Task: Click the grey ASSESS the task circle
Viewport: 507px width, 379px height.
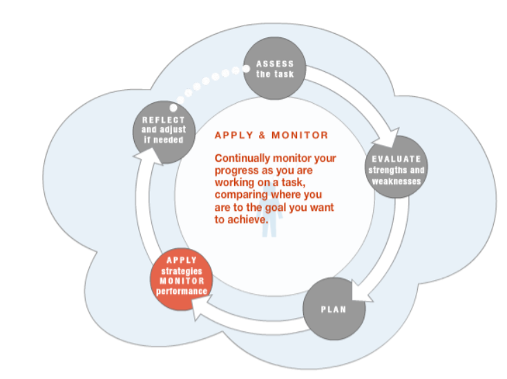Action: tap(275, 69)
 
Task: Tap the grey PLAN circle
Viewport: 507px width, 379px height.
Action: tap(334, 308)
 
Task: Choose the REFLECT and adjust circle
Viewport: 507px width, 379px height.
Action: tap(163, 131)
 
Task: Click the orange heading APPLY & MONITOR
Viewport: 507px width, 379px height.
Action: tap(271, 136)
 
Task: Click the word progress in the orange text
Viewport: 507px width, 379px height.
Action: tap(236, 171)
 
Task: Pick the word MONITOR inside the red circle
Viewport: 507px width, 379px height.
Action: tap(182, 281)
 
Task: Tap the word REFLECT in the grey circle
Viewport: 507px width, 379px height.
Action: tap(163, 120)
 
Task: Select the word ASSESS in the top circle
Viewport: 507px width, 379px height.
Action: tap(275, 64)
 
